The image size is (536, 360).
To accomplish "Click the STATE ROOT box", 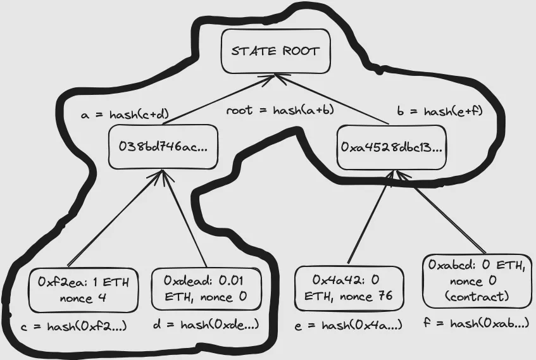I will [275, 51].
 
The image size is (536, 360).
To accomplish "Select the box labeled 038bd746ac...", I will [163, 147].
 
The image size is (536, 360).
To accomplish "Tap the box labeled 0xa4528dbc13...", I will [391, 147].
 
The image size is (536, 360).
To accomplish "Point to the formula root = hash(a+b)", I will [280, 110].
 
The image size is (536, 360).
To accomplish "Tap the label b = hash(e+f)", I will [440, 111].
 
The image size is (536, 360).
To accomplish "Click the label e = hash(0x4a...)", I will [348, 325].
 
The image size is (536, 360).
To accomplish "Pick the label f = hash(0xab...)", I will [476, 323].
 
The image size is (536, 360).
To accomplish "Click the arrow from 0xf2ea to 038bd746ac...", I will [111, 218].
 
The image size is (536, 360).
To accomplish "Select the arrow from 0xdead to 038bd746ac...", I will [185, 218].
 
